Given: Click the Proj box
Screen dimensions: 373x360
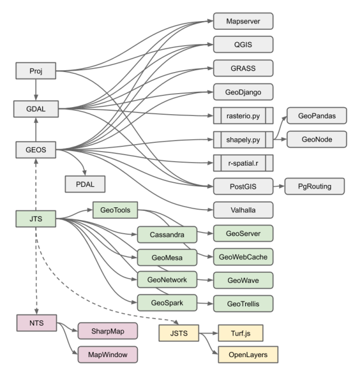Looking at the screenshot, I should [x=36, y=72].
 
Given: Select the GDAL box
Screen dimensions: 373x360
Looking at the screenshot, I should [x=36, y=109].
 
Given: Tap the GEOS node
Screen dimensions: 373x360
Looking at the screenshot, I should [x=36, y=150].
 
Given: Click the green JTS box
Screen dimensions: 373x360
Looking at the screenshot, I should [x=36, y=220].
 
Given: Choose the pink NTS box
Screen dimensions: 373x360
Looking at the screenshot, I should [x=36, y=322].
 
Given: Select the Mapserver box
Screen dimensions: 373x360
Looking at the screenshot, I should [x=243, y=22].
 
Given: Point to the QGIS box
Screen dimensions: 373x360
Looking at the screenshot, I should [x=243, y=45].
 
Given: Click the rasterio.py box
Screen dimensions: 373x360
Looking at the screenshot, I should [x=243, y=116].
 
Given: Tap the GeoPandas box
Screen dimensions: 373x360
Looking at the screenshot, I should [x=317, y=116].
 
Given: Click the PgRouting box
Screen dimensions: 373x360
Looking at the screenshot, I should [x=314, y=187].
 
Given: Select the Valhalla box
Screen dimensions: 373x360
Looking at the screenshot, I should [x=243, y=210].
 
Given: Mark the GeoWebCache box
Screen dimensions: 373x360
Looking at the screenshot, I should [x=243, y=257].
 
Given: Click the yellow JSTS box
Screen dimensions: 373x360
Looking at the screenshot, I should [x=179, y=334].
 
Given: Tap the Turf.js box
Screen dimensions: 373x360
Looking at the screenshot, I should [x=240, y=334].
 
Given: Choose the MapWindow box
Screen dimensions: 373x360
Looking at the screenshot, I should [x=108, y=354].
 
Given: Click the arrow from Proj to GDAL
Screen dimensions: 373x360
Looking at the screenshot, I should [x=36, y=90].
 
